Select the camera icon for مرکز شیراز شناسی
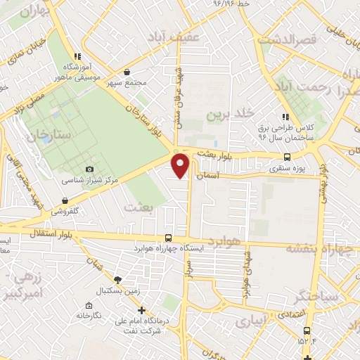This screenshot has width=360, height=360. [x=89, y=169]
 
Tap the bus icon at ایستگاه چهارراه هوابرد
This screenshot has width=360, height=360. [x=167, y=238]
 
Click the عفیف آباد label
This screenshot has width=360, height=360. [x=173, y=35]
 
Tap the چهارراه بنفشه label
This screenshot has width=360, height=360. [x=322, y=248]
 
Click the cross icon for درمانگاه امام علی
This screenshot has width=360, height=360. [x=141, y=309]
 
